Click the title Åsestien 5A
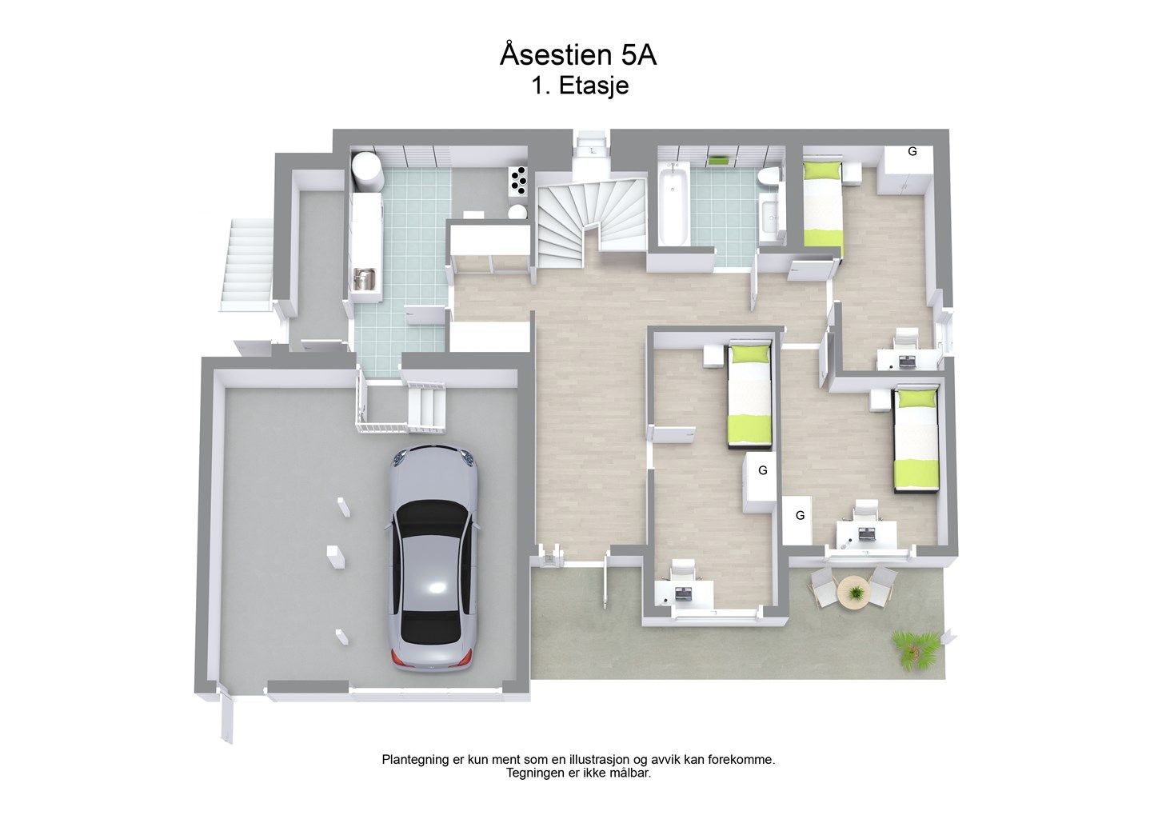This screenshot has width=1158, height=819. point(578,55)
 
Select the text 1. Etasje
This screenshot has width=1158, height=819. point(580,86)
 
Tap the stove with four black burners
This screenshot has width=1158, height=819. point(518,181)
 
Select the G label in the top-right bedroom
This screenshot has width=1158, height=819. point(912,151)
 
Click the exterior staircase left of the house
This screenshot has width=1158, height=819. point(248,265)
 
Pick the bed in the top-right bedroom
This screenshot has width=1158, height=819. point(822,209)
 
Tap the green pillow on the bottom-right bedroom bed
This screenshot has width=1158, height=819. point(916,398)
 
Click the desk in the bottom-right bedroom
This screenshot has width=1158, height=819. point(867,533)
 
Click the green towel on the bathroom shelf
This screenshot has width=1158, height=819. point(718,159)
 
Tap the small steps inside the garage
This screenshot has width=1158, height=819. point(426,407)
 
